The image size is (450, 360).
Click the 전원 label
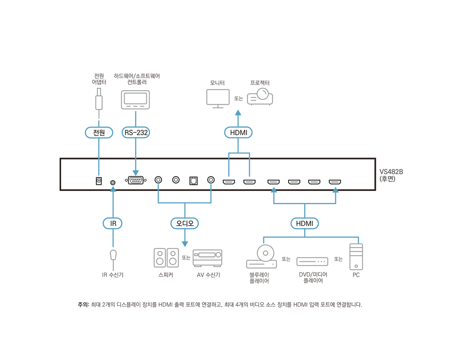(99, 133)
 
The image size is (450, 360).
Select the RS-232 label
(136, 133)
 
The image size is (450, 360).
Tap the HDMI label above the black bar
(239, 133)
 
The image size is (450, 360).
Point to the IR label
(113, 224)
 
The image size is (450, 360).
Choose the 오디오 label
(185, 224)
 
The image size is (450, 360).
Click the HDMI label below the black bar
(305, 224)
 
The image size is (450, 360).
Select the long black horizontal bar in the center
(217, 178)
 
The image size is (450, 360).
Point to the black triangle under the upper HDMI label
(239, 160)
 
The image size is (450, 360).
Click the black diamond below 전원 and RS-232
(118, 159)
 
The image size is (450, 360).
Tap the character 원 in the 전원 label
(102, 133)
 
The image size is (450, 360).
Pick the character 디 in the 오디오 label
(185, 224)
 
